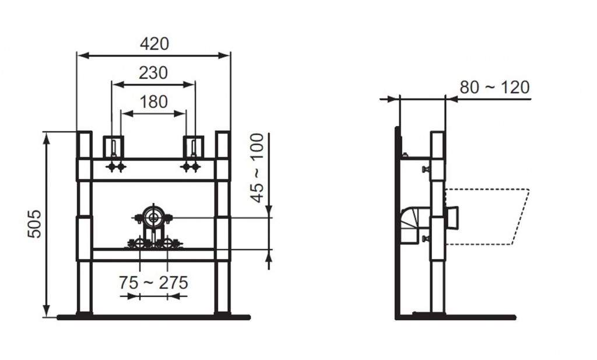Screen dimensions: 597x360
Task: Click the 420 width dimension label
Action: [x=154, y=44]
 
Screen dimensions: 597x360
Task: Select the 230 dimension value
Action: [x=153, y=73]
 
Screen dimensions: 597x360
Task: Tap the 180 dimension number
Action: [x=153, y=102]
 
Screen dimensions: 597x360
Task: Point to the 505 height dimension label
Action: [x=34, y=224]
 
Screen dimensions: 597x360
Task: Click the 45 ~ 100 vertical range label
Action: [x=257, y=167]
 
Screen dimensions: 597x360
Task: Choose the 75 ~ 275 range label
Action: [x=153, y=282]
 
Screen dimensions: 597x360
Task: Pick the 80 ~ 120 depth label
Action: [x=494, y=88]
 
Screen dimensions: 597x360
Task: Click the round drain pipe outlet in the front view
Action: [x=153, y=218]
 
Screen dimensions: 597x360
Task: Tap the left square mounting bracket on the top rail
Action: [x=114, y=146]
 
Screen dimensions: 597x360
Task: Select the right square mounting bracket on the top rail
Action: [x=194, y=146]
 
